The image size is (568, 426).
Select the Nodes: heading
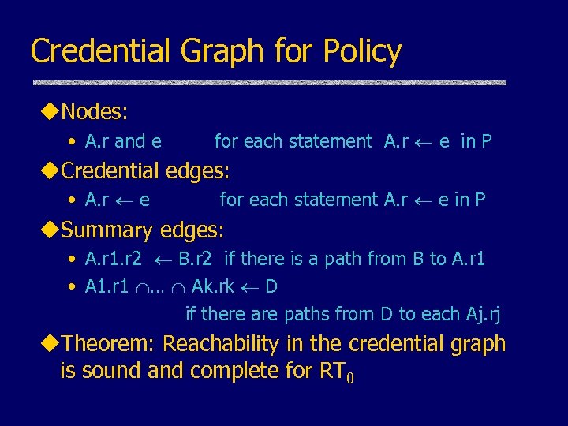[x=94, y=112]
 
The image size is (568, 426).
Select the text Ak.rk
[x=213, y=286]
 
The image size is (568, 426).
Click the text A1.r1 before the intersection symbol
[x=107, y=286]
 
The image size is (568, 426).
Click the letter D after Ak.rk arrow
[x=271, y=286]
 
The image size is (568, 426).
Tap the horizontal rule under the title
[x=268, y=83]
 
